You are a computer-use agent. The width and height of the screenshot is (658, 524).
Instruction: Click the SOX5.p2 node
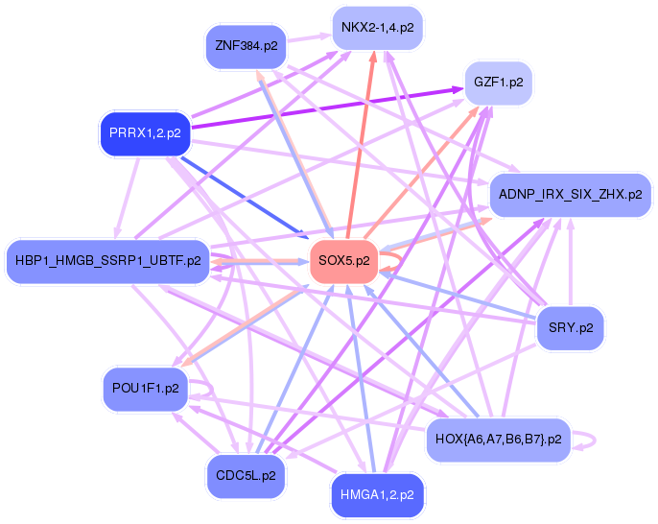click(x=342, y=261)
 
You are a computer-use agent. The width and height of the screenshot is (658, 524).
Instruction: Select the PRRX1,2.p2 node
click(x=145, y=133)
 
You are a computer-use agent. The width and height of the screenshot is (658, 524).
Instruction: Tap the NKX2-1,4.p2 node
click(x=377, y=28)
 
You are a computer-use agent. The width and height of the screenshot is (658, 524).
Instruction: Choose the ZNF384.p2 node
click(x=247, y=45)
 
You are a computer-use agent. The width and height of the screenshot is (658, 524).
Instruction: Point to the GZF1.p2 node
click(x=498, y=83)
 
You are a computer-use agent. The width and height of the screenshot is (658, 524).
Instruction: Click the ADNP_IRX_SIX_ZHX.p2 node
click(x=571, y=194)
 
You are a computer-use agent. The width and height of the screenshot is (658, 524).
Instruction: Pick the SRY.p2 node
click(x=571, y=327)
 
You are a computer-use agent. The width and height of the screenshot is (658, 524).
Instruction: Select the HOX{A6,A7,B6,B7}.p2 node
click(x=498, y=439)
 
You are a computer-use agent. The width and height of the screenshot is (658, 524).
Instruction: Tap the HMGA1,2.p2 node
click(x=377, y=495)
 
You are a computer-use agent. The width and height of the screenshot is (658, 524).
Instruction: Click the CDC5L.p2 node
click(x=246, y=475)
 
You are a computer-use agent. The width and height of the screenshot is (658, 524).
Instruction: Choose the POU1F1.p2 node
click(x=144, y=389)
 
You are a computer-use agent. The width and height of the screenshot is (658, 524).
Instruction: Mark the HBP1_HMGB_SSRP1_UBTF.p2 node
click(x=107, y=260)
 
